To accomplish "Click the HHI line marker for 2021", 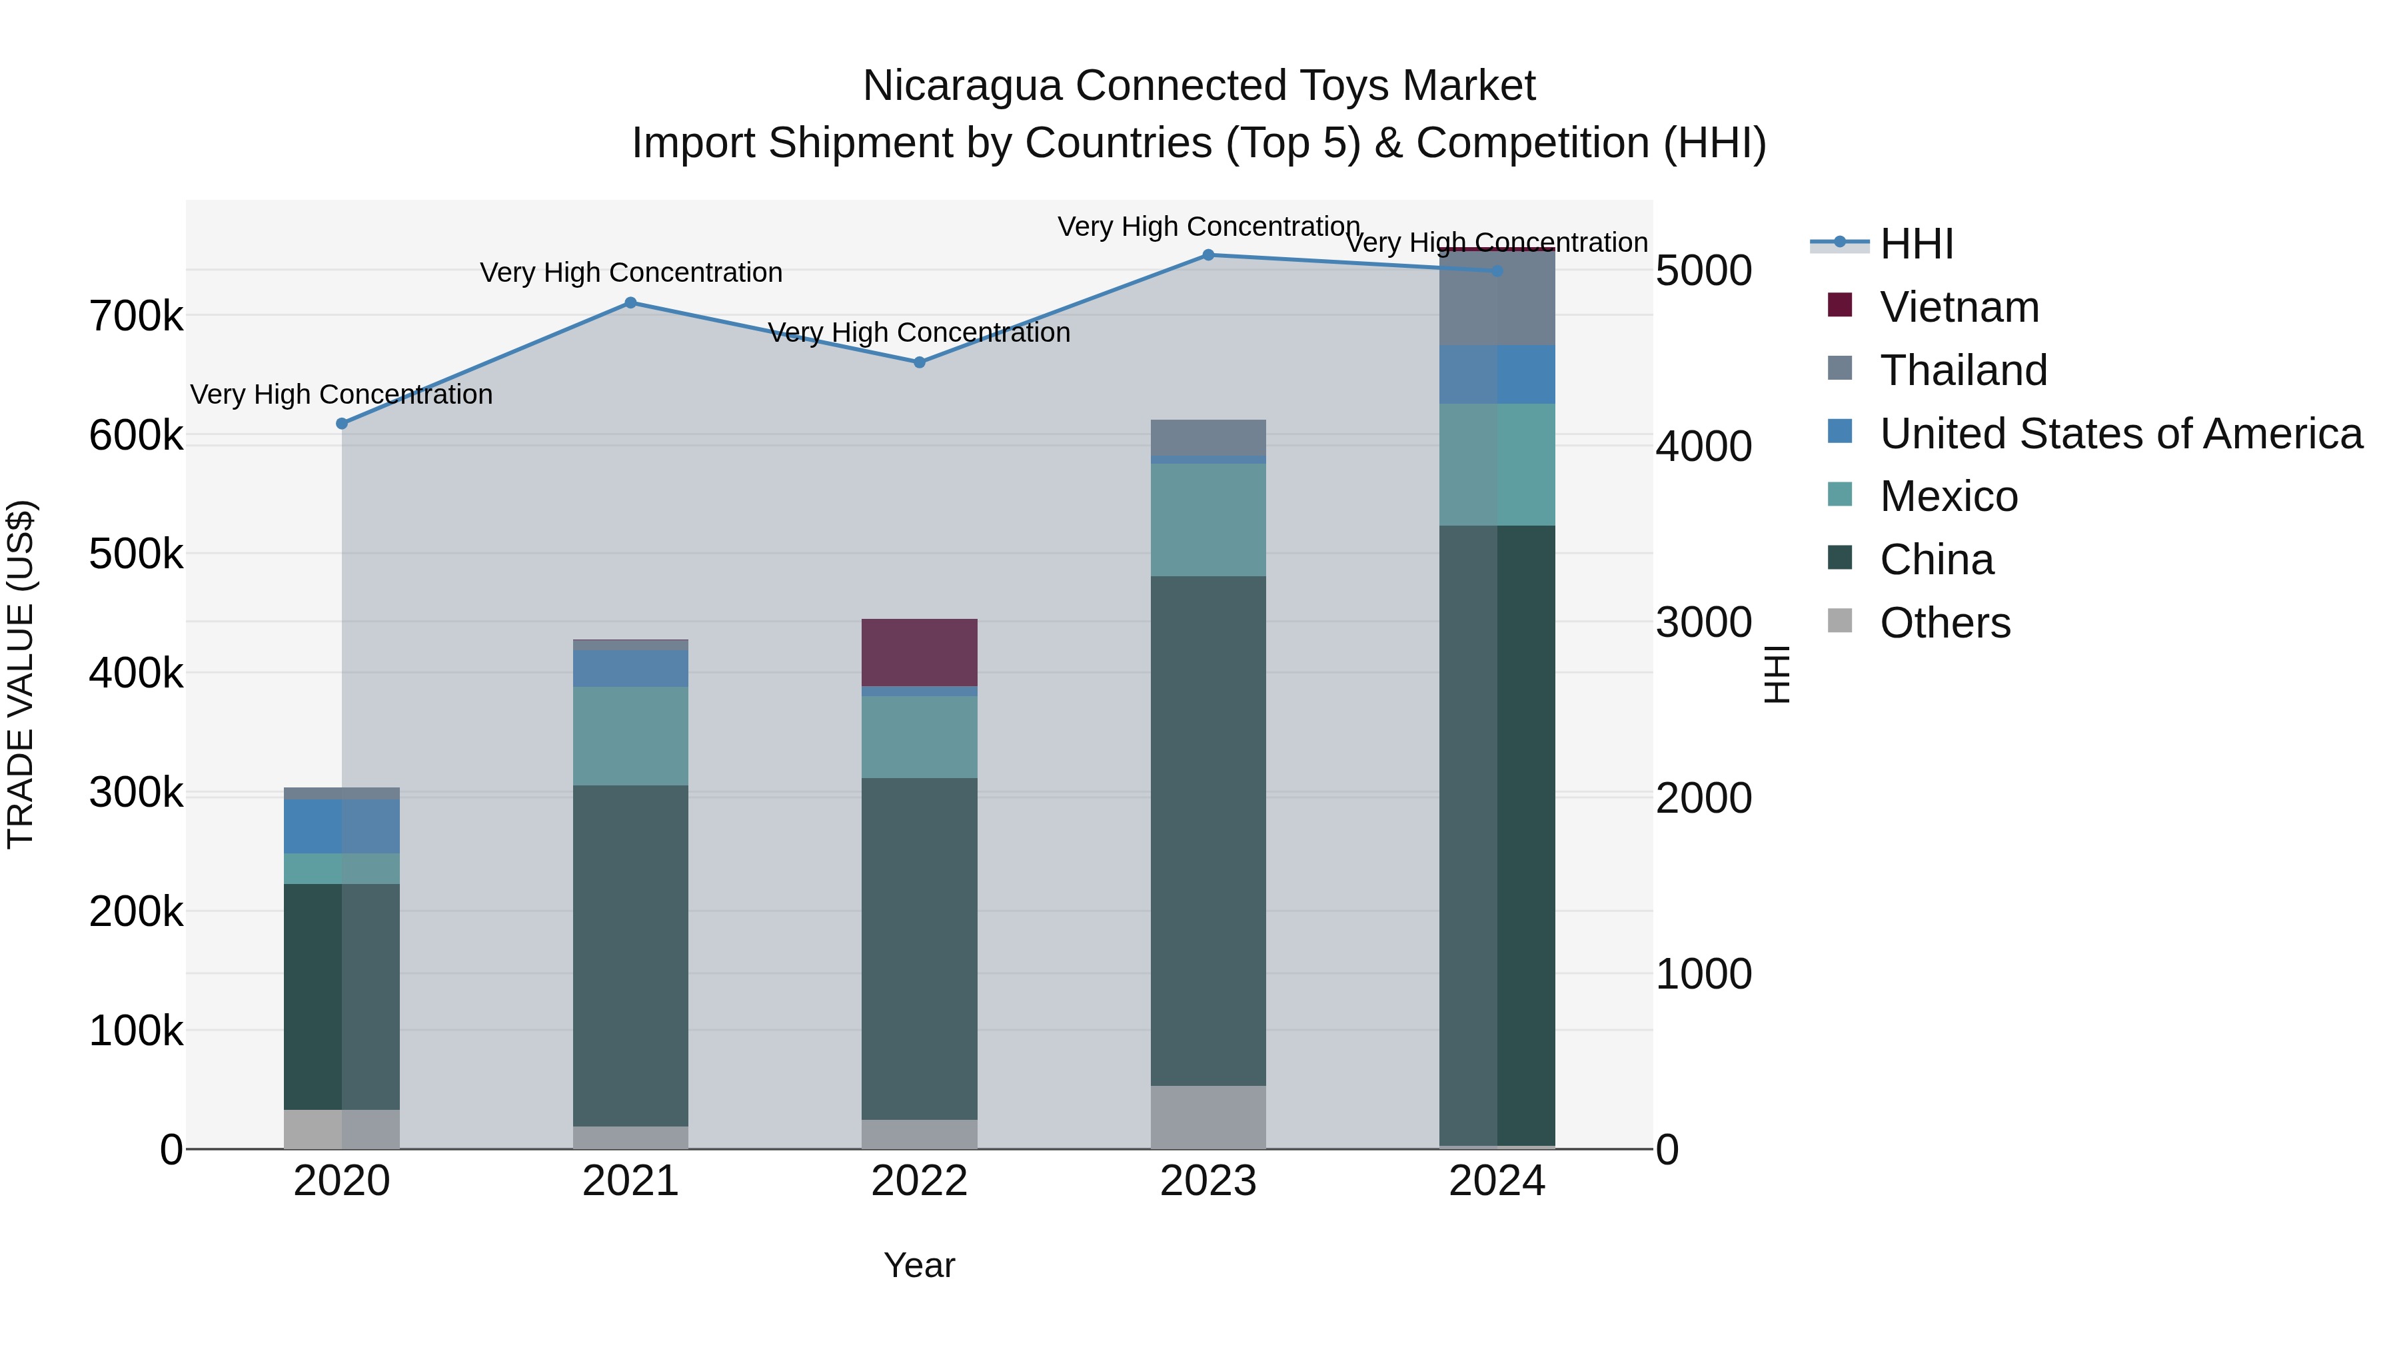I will point(630,302).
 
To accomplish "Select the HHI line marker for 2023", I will point(1208,255).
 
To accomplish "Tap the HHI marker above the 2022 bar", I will point(919,362).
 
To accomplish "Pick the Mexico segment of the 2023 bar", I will point(1208,520).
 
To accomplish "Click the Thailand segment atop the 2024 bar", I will point(1497,298).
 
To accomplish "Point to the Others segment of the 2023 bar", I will point(1208,1117).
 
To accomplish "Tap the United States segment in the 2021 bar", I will point(630,668).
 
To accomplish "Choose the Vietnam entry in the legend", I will point(1959,307).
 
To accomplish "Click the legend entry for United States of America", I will point(2120,434).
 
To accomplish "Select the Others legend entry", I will point(1945,623).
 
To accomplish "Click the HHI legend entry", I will point(1916,244).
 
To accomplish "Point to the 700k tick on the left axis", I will point(136,316).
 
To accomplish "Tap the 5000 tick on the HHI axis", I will point(1703,271).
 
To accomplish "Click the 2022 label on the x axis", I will point(919,1181).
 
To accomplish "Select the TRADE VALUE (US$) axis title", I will point(21,674).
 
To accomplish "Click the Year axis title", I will point(919,1265).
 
